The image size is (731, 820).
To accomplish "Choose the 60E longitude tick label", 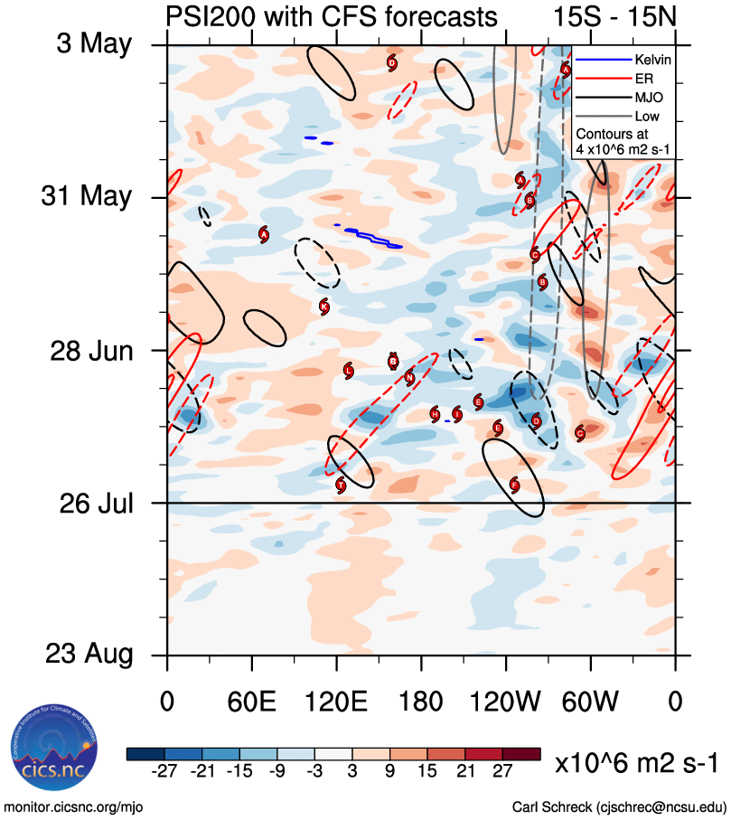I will click(252, 702).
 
